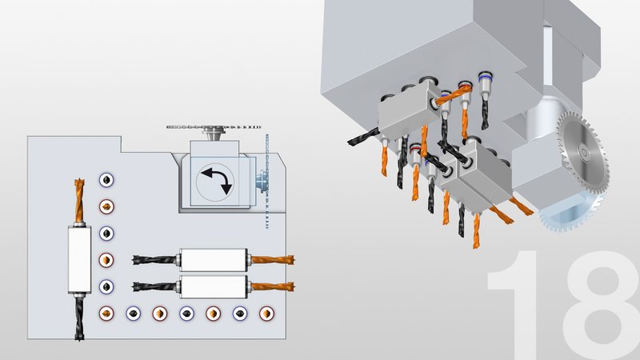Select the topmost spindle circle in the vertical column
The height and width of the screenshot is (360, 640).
click(106, 180)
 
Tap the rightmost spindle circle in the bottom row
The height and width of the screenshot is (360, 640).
click(266, 314)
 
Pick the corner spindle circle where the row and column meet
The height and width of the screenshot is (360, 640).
click(106, 314)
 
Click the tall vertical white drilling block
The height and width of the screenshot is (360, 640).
click(79, 259)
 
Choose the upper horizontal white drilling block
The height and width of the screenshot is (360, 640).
click(214, 260)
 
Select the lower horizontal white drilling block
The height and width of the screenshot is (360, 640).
click(214, 286)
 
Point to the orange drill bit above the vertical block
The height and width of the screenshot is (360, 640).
click(79, 201)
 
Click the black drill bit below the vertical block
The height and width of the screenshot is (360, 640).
click(79, 318)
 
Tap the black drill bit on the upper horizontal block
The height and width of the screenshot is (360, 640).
click(155, 260)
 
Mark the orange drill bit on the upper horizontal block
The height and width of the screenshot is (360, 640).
click(272, 259)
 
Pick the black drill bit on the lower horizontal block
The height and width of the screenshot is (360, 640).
click(155, 287)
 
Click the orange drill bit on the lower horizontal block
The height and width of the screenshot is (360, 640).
click(272, 286)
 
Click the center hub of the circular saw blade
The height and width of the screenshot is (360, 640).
click(584, 153)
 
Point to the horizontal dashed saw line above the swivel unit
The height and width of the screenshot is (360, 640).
click(214, 127)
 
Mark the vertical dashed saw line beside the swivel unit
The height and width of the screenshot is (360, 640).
click(267, 181)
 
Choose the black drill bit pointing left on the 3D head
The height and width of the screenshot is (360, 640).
click(364, 137)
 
